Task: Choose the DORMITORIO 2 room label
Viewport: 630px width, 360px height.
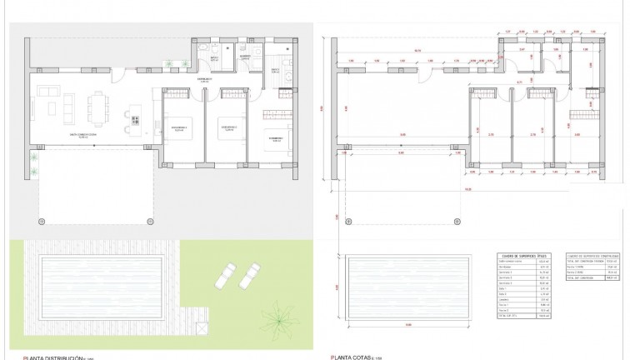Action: coord(229,127)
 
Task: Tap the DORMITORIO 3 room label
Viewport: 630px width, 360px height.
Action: coord(274,137)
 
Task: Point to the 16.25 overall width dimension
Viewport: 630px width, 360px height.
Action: coord(469,189)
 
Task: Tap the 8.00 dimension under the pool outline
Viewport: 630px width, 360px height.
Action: coord(409,324)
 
